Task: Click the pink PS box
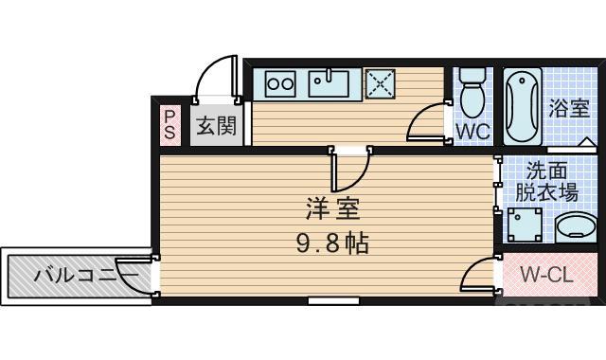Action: tap(169, 124)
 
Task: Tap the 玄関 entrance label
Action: tap(216, 125)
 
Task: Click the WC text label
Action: tap(473, 132)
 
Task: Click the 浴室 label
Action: tap(567, 108)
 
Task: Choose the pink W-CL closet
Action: tap(547, 276)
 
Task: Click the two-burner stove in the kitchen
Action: tap(280, 83)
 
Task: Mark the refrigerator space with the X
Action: tap(382, 83)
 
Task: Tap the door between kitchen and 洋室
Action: tap(350, 171)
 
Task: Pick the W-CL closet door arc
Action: tap(478, 275)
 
